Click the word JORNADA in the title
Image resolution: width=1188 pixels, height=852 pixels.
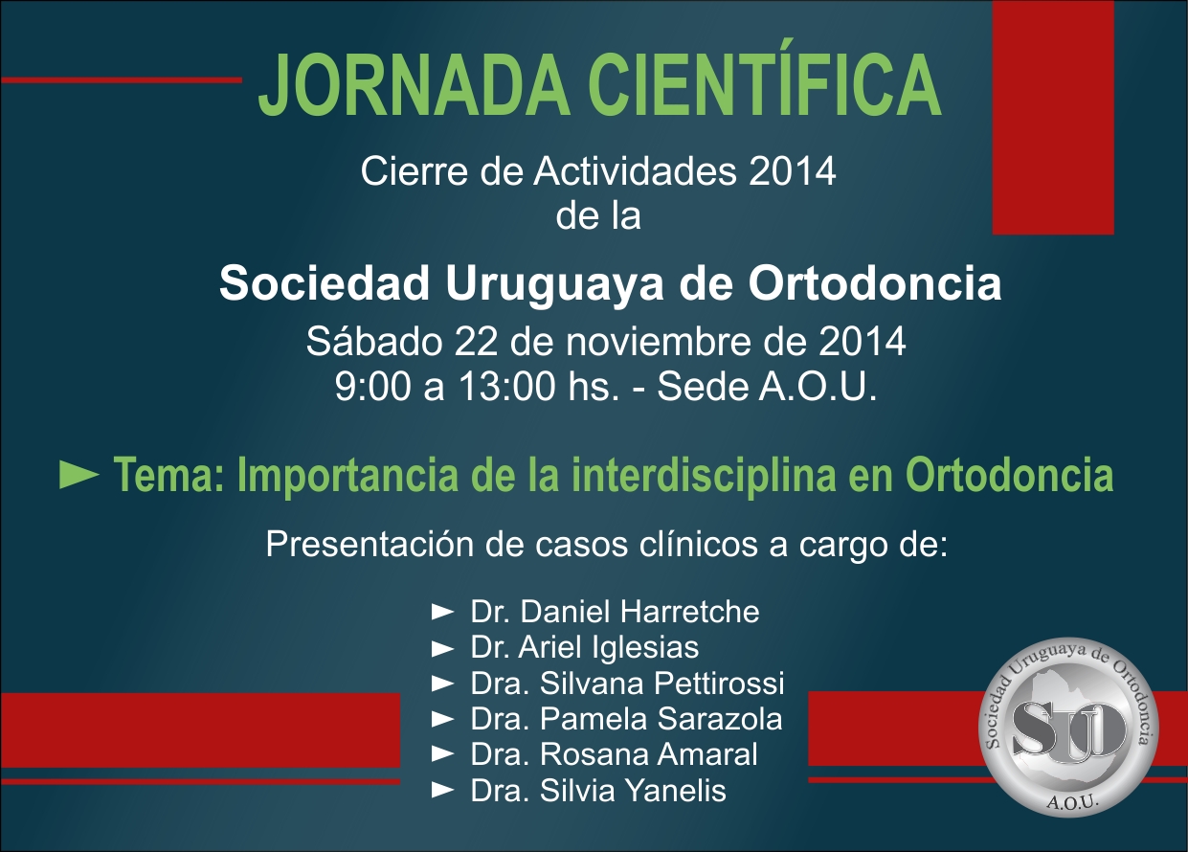tap(415, 85)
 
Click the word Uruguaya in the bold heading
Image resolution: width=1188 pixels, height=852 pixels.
tap(555, 284)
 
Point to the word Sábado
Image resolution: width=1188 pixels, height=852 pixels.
tap(374, 341)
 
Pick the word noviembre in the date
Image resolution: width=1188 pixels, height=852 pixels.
tap(659, 342)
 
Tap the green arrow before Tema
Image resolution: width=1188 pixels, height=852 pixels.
tap(79, 474)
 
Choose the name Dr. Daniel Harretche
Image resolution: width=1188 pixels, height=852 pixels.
tap(616, 612)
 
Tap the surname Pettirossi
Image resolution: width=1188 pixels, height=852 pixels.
tap(719, 683)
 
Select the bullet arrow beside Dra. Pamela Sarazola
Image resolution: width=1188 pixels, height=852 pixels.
tap(442, 720)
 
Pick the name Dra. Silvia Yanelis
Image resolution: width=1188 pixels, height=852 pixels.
tap(598, 791)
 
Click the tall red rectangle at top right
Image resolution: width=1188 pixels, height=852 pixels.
tap(1053, 117)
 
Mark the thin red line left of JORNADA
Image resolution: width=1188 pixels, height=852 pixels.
tap(122, 80)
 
